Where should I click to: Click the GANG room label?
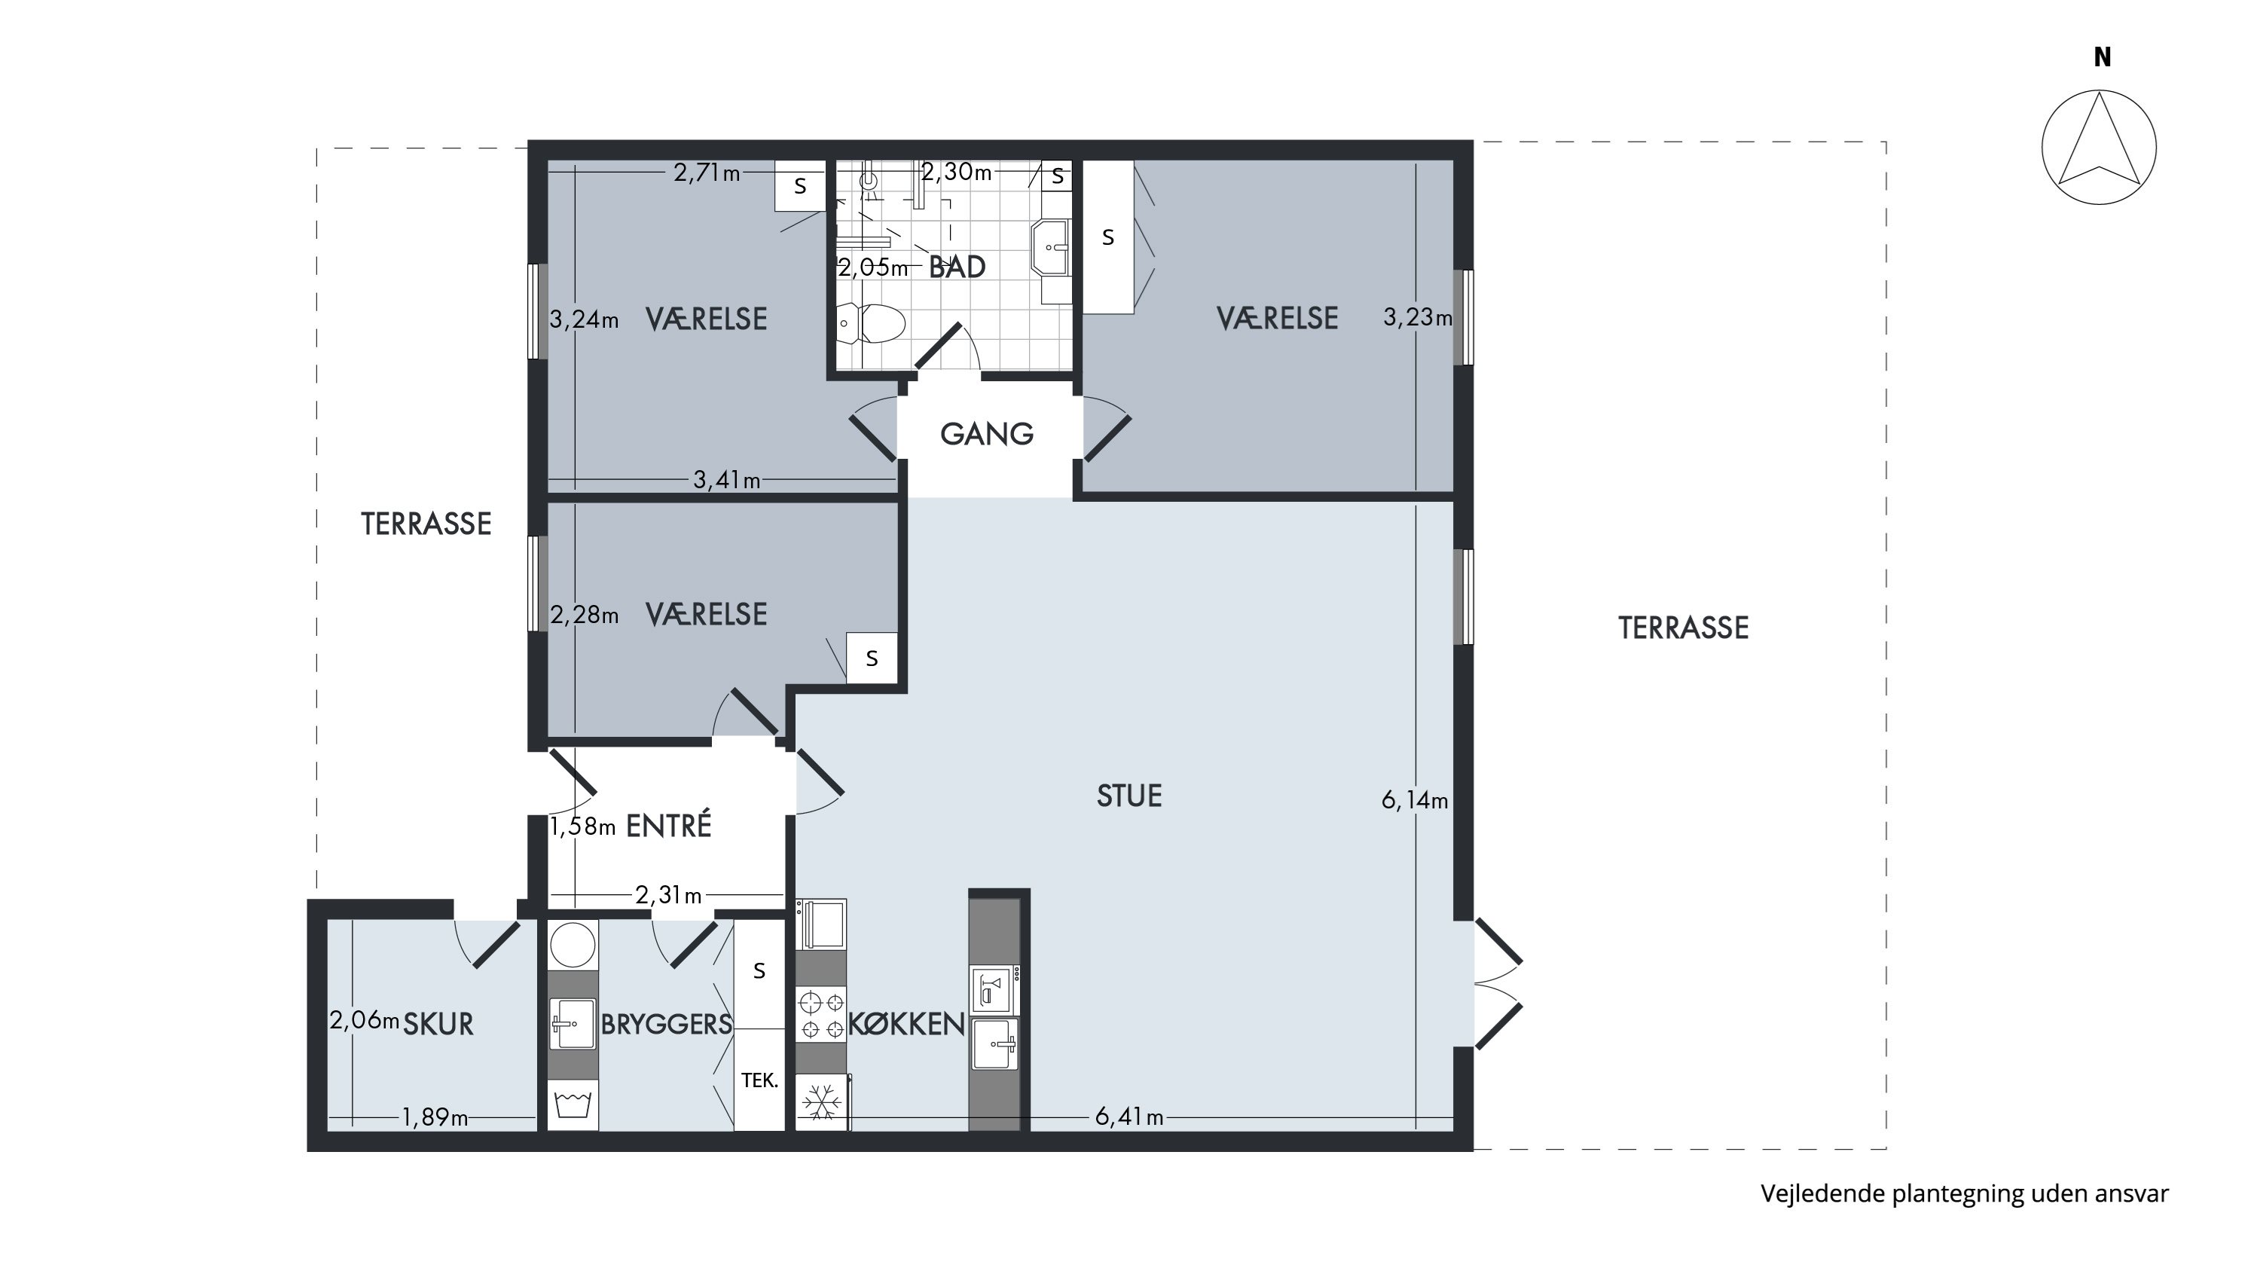click(987, 433)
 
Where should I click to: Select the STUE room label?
click(1129, 796)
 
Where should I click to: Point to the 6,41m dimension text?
click(1129, 1117)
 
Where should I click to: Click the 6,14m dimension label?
click(1414, 800)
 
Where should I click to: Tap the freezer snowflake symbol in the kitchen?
click(822, 1101)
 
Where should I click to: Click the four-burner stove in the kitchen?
click(821, 1014)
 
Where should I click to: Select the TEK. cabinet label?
click(760, 1080)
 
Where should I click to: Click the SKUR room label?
click(438, 1024)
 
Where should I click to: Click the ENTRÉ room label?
click(667, 826)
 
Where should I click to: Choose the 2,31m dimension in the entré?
click(668, 895)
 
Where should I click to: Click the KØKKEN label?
click(906, 1024)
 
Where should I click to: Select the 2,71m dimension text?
click(707, 172)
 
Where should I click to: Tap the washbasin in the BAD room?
click(1050, 247)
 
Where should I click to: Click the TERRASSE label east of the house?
click(1683, 628)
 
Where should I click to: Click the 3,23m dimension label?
click(1418, 316)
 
